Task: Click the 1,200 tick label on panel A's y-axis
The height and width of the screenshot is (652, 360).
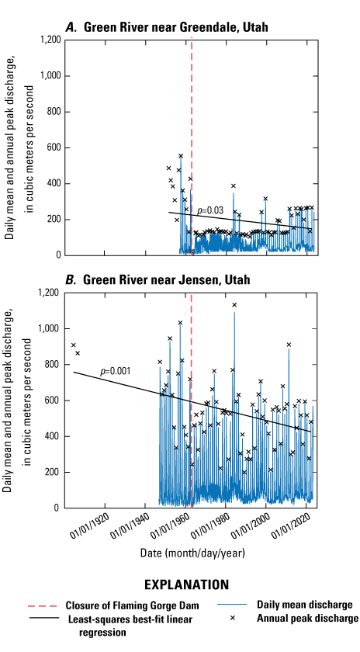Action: (49, 40)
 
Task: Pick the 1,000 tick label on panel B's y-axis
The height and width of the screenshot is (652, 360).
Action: (49, 328)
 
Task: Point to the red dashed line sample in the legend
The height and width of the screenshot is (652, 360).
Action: (42, 605)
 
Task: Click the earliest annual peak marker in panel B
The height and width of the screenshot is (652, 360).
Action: (74, 345)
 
